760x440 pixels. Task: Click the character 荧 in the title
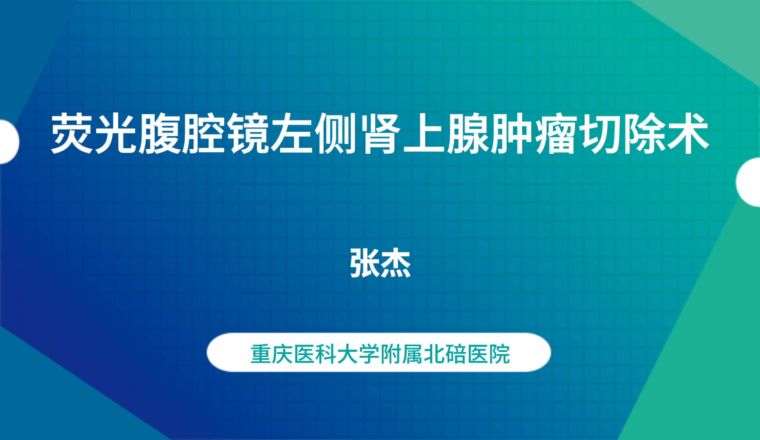coord(73,134)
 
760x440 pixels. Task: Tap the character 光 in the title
coord(117,134)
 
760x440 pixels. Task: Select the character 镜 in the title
coord(249,134)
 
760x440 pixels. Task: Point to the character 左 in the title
coord(293,134)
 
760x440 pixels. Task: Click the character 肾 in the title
coord(381,134)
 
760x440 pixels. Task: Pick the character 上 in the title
coord(424,134)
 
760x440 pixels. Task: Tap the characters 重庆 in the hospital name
coord(272,354)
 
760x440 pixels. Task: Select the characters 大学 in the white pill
coord(358,354)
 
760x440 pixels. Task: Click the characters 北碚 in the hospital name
coord(445,354)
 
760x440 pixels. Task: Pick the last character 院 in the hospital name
coord(499,354)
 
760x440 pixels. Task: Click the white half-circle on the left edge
coord(8,142)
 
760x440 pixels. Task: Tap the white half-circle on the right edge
coord(749,182)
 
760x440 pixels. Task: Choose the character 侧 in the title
coord(337,134)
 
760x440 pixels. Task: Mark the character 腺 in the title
coord(469,134)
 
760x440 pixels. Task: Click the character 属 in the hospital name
coord(413,354)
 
